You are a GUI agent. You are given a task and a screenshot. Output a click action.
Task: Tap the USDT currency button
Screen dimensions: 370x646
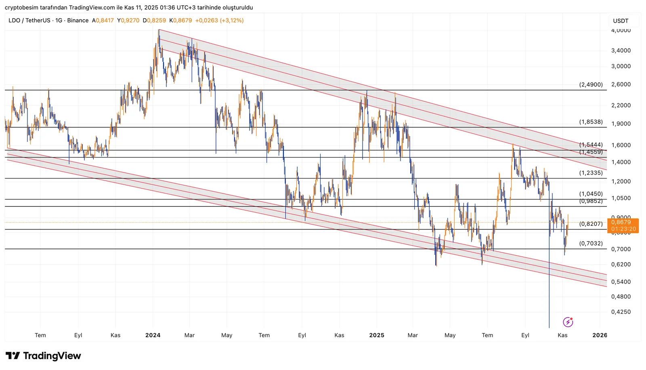pos(621,21)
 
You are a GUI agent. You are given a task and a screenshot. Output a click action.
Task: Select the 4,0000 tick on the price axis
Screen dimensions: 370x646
pos(621,30)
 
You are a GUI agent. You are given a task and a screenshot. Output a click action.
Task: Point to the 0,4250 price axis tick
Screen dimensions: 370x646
pos(621,312)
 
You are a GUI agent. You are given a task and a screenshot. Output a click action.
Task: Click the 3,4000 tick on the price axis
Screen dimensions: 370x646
pos(621,50)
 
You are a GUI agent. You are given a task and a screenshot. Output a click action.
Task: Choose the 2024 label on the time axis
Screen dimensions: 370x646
pos(153,335)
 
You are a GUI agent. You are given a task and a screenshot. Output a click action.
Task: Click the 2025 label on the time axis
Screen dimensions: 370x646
pos(377,335)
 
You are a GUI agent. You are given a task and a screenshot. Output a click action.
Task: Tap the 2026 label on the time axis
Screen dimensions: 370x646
pos(600,335)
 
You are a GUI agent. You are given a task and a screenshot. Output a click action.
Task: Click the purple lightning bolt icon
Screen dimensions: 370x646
pos(568,322)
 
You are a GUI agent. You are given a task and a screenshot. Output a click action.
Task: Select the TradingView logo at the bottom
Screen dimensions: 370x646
pos(43,356)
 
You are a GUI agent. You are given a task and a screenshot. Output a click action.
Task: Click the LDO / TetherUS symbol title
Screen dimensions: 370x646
pos(29,21)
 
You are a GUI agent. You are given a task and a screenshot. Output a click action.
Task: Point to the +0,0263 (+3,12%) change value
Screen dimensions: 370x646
pos(219,21)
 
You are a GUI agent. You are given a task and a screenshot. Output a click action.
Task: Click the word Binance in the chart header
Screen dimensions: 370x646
pos(78,21)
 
